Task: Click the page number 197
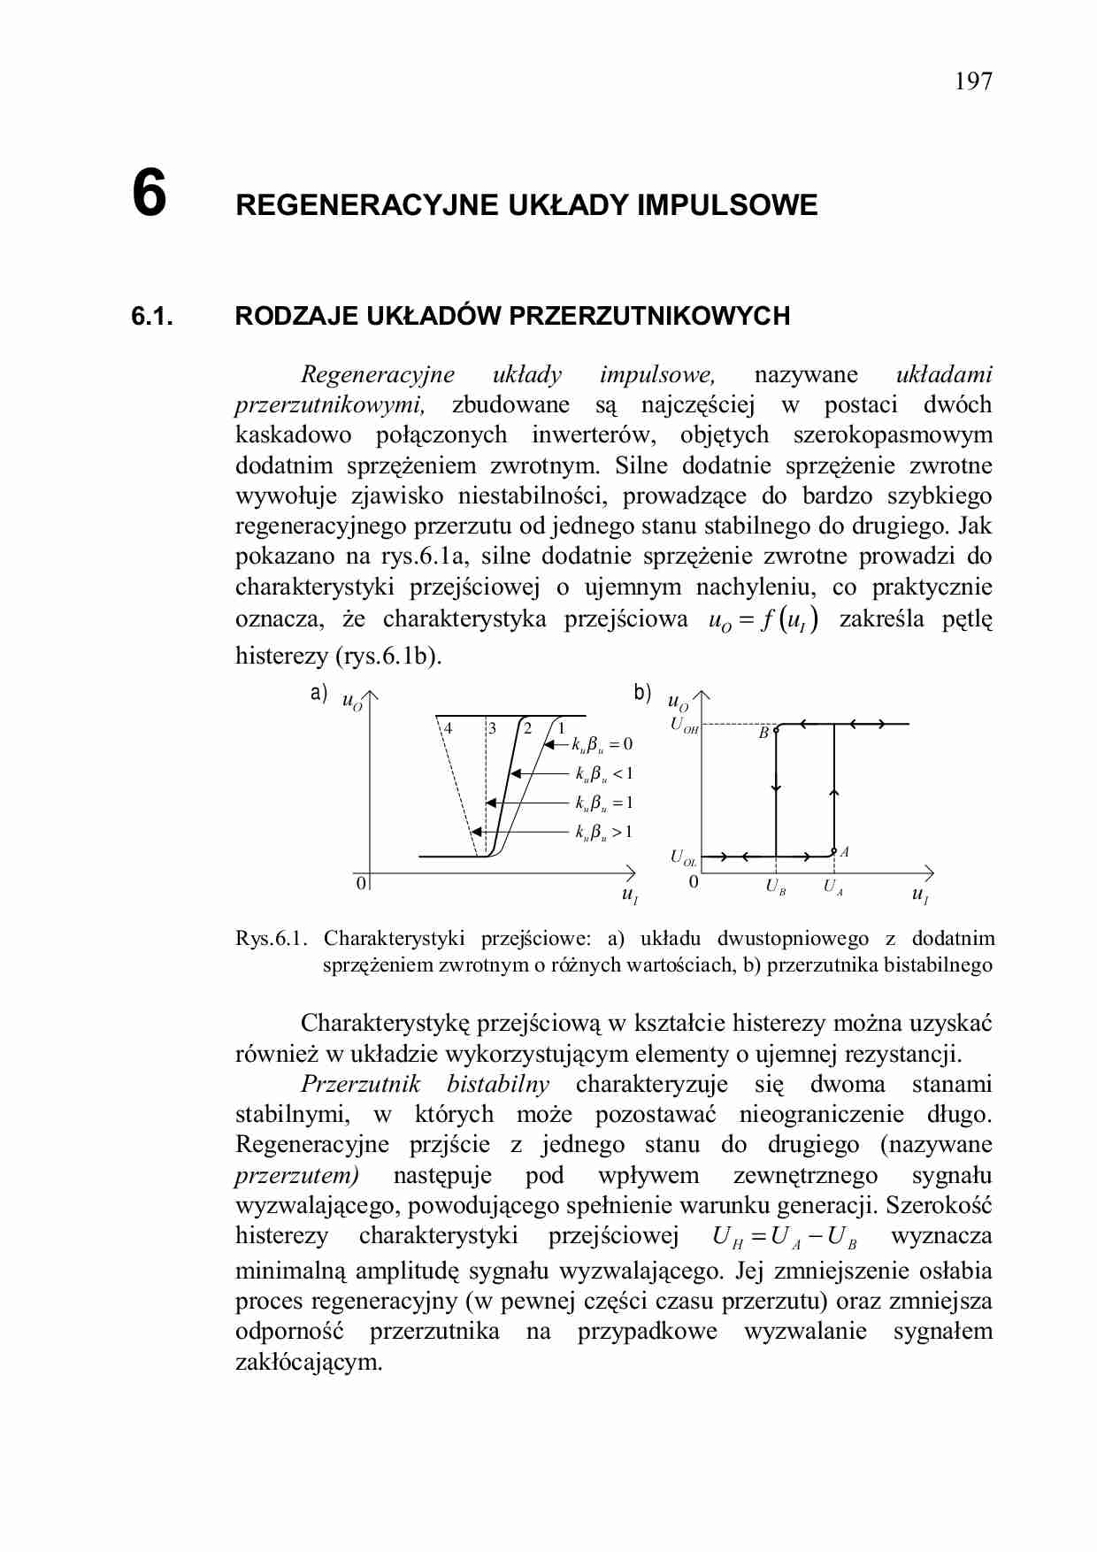[x=973, y=81]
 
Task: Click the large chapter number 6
[x=149, y=193]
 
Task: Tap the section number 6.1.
[x=151, y=316]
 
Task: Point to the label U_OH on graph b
[x=684, y=726]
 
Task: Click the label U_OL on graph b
[x=682, y=857]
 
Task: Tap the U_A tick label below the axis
[x=833, y=887]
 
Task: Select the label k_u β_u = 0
[x=602, y=744]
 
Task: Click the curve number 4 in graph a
[x=449, y=728]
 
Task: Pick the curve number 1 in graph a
[x=560, y=728]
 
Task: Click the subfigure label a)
[x=318, y=693]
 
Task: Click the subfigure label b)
[x=642, y=693]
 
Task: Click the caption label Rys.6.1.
[x=271, y=938]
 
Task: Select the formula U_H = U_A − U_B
[x=784, y=1237]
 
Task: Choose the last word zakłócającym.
[x=309, y=1361]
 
